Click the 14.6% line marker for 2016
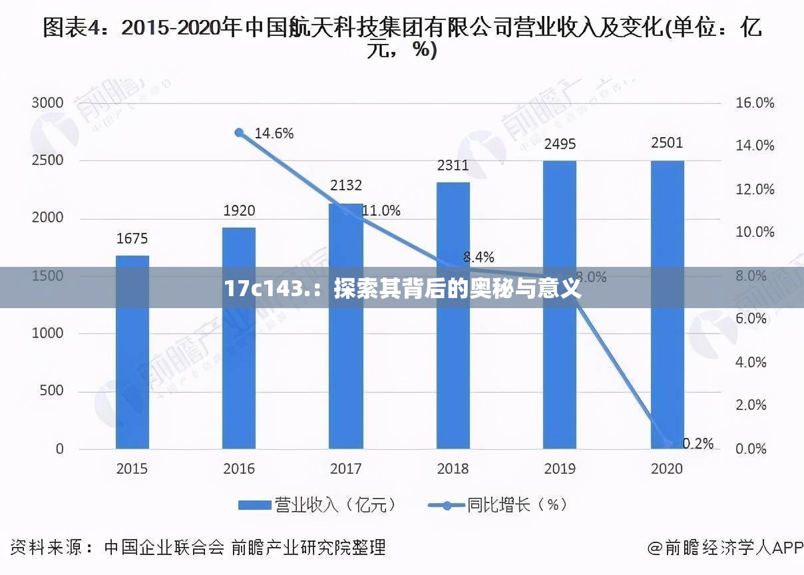[x=240, y=132]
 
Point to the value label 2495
[x=560, y=144]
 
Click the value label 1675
[x=132, y=238]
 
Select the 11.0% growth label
[x=381, y=211]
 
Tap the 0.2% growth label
[x=698, y=443]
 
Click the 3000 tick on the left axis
[x=48, y=103]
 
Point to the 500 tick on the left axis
[x=52, y=391]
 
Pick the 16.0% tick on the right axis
[x=755, y=103]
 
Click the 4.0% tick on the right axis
[x=751, y=363]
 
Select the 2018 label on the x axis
[x=453, y=469]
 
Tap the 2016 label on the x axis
[x=239, y=469]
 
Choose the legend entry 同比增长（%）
[x=499, y=505]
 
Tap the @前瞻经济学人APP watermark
[x=725, y=548]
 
